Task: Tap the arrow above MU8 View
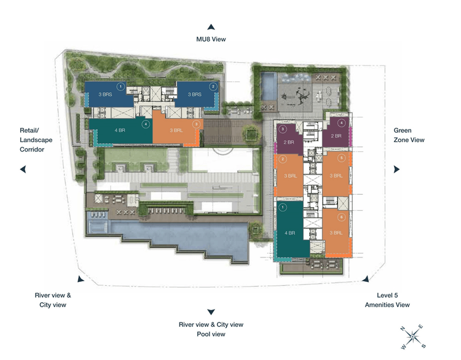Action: pos(211,27)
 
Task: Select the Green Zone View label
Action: pos(409,135)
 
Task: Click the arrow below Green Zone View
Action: pos(397,169)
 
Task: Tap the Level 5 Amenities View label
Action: pos(387,300)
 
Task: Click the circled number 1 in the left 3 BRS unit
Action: pos(121,87)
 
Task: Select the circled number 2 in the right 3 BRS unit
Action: pos(212,87)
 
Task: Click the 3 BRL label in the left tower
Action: pos(175,130)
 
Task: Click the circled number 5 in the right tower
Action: pos(342,158)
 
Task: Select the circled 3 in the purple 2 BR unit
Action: pos(283,130)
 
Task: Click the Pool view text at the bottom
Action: pos(211,334)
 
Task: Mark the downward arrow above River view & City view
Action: pos(211,312)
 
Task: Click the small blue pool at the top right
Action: pos(268,83)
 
